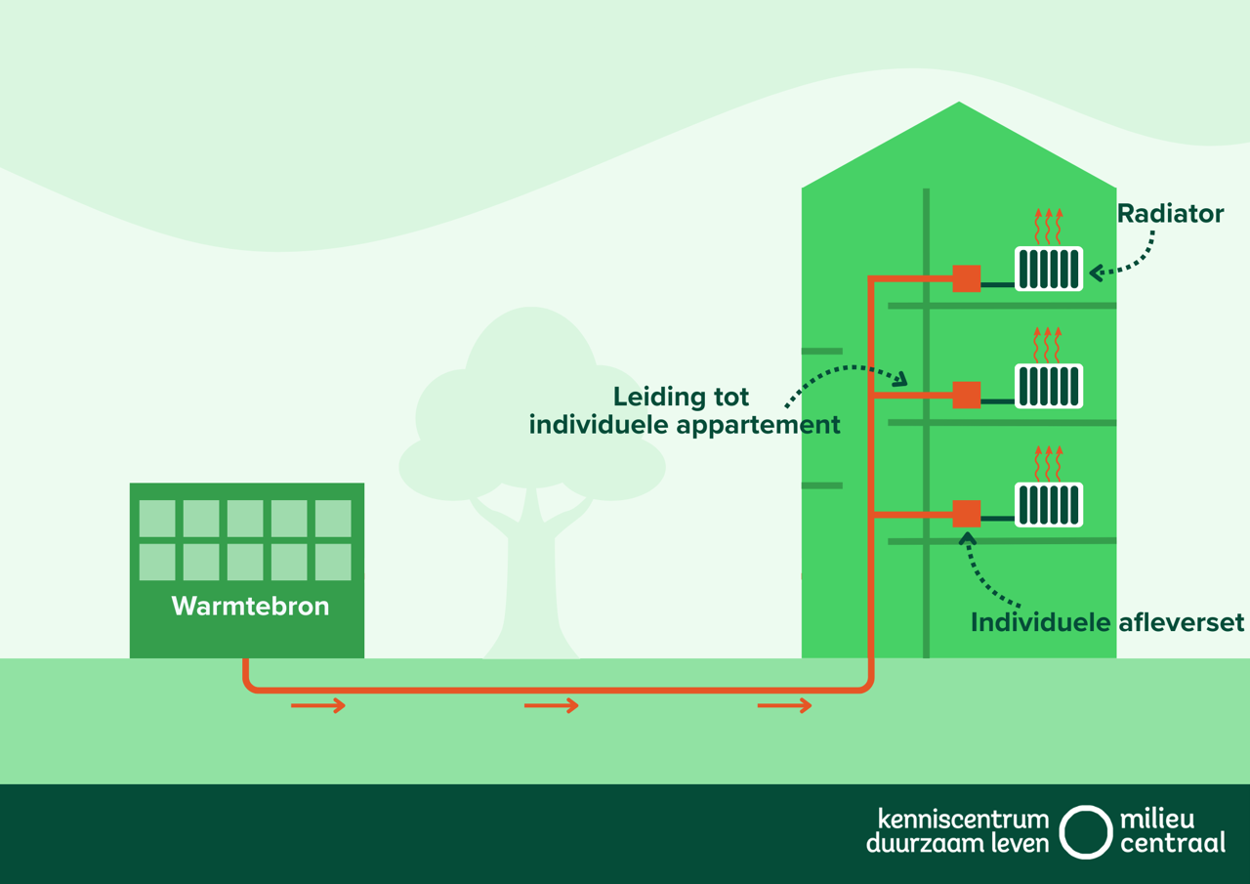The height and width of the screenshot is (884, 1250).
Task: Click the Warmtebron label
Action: point(250,606)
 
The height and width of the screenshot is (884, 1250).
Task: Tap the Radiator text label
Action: point(1170,213)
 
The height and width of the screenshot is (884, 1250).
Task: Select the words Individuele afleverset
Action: point(1107,622)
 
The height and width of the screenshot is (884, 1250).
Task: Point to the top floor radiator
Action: point(1049,269)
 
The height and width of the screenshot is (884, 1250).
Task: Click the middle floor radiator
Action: point(1049,387)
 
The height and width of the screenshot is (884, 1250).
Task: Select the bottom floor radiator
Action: point(1049,505)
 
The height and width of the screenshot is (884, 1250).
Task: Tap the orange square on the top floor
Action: point(967,278)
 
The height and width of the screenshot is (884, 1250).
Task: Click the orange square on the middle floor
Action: point(967,395)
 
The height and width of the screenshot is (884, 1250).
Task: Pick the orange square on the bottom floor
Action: point(967,513)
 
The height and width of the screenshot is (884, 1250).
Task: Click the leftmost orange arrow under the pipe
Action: point(318,705)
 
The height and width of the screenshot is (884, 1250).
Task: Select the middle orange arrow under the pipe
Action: point(552,705)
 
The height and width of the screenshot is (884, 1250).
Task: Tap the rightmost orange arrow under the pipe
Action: point(785,705)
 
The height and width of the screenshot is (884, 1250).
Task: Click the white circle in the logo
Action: point(1086,832)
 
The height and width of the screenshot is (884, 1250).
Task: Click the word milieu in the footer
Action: point(1157,819)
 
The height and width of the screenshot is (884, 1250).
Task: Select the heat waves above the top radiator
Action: point(1048,226)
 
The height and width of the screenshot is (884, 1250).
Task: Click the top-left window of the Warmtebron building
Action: point(157,519)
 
